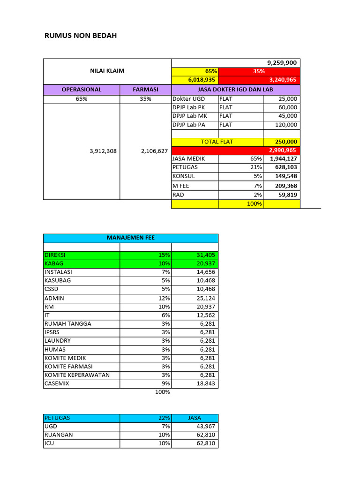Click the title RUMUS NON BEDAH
[x=80, y=35]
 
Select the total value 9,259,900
[x=282, y=63]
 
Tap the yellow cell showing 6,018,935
[x=202, y=80]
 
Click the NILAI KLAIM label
[x=107, y=71]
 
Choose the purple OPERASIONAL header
[x=82, y=89]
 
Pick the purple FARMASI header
[x=145, y=89]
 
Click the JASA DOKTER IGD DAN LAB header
[x=236, y=89]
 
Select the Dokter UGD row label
[x=189, y=99]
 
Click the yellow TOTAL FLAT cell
[x=217, y=142]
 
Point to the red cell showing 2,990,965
[x=282, y=150]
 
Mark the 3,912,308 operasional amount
[x=103, y=151]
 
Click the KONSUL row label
[x=184, y=176]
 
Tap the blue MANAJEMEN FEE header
[x=131, y=238]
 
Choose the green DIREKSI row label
[x=55, y=255]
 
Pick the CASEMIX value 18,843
[x=205, y=383]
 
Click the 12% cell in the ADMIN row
[x=164, y=298]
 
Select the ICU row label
[x=49, y=443]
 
